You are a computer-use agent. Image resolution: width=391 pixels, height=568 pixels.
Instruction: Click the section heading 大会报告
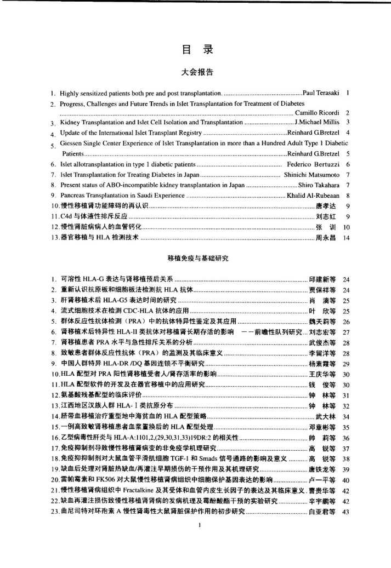[196, 71]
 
